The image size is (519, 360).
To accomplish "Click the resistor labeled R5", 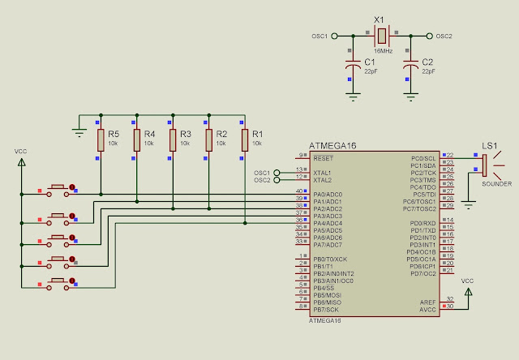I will point(101,140).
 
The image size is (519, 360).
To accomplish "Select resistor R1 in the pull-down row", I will point(244,140).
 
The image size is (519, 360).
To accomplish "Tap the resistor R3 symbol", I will point(172,140).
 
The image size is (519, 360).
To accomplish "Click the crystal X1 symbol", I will point(381,36).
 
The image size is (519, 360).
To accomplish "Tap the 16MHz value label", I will point(384,51).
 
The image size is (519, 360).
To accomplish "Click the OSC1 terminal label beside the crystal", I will point(320,36).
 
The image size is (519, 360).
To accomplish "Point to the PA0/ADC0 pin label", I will point(328,195).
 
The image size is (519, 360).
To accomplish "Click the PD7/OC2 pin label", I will point(423,273).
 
